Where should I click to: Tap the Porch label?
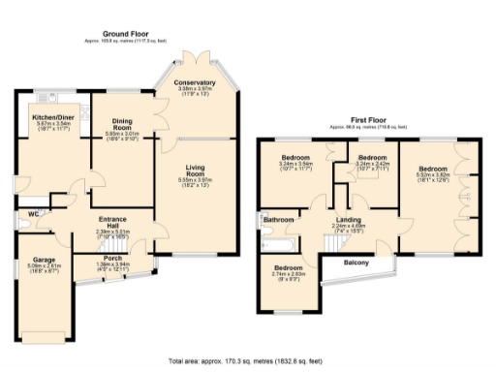point(112,258)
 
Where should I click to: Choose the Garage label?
point(44,260)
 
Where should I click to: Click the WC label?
point(33,214)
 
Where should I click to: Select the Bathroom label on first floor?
point(278,220)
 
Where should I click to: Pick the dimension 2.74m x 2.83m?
point(289,274)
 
